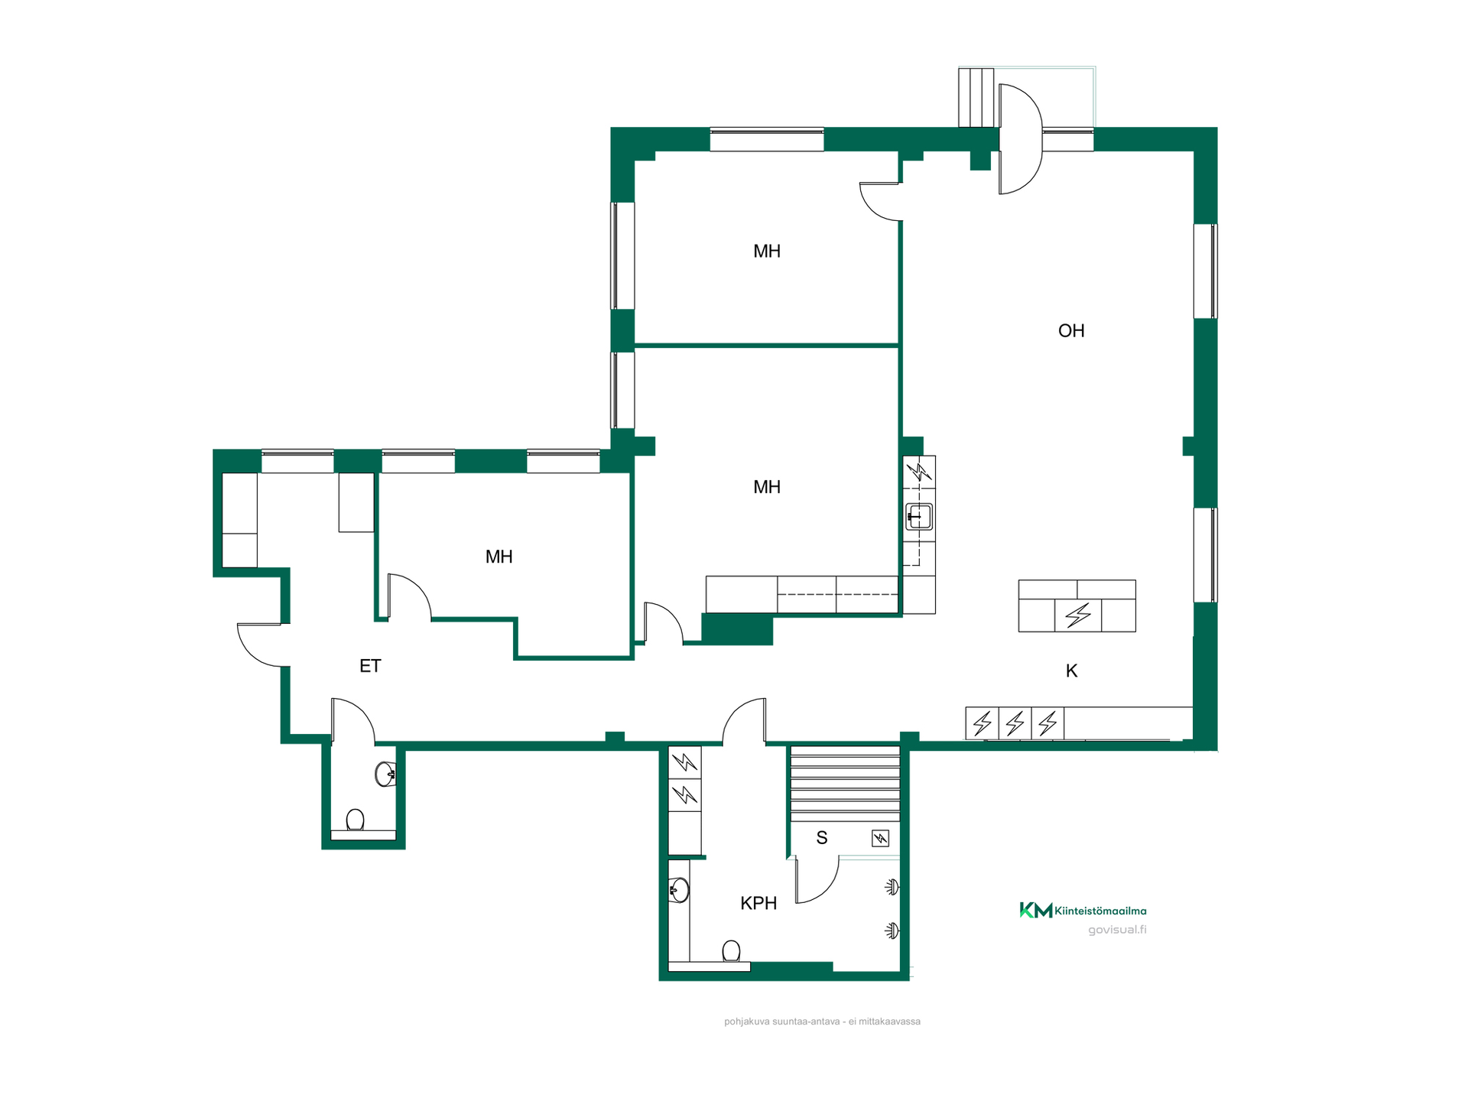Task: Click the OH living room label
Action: click(x=1071, y=330)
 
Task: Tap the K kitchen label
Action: click(x=1072, y=671)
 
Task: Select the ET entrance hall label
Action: click(x=370, y=666)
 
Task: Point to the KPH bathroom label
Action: click(x=758, y=903)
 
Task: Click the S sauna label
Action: click(x=822, y=838)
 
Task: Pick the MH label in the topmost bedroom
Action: click(x=767, y=251)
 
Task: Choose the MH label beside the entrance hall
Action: click(x=499, y=557)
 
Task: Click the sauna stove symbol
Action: click(x=881, y=839)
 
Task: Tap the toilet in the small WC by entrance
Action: click(x=355, y=820)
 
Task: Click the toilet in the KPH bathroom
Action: click(x=731, y=951)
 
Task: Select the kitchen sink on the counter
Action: click(x=919, y=517)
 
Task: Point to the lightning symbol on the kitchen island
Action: click(x=1078, y=615)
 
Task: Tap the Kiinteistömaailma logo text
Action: click(x=1100, y=911)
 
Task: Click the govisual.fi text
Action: click(x=1117, y=930)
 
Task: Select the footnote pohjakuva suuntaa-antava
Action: click(x=822, y=1021)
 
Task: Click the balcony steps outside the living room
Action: click(x=976, y=97)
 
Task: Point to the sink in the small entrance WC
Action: click(x=385, y=774)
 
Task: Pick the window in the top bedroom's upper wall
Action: click(x=767, y=139)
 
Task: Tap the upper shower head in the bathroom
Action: click(x=892, y=887)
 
